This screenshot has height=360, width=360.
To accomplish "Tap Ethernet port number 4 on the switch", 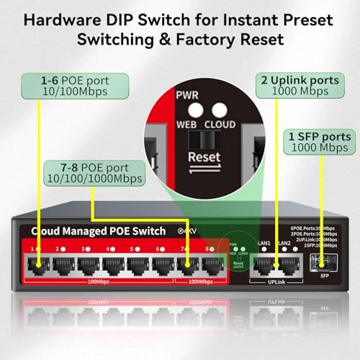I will coord(112,264).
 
